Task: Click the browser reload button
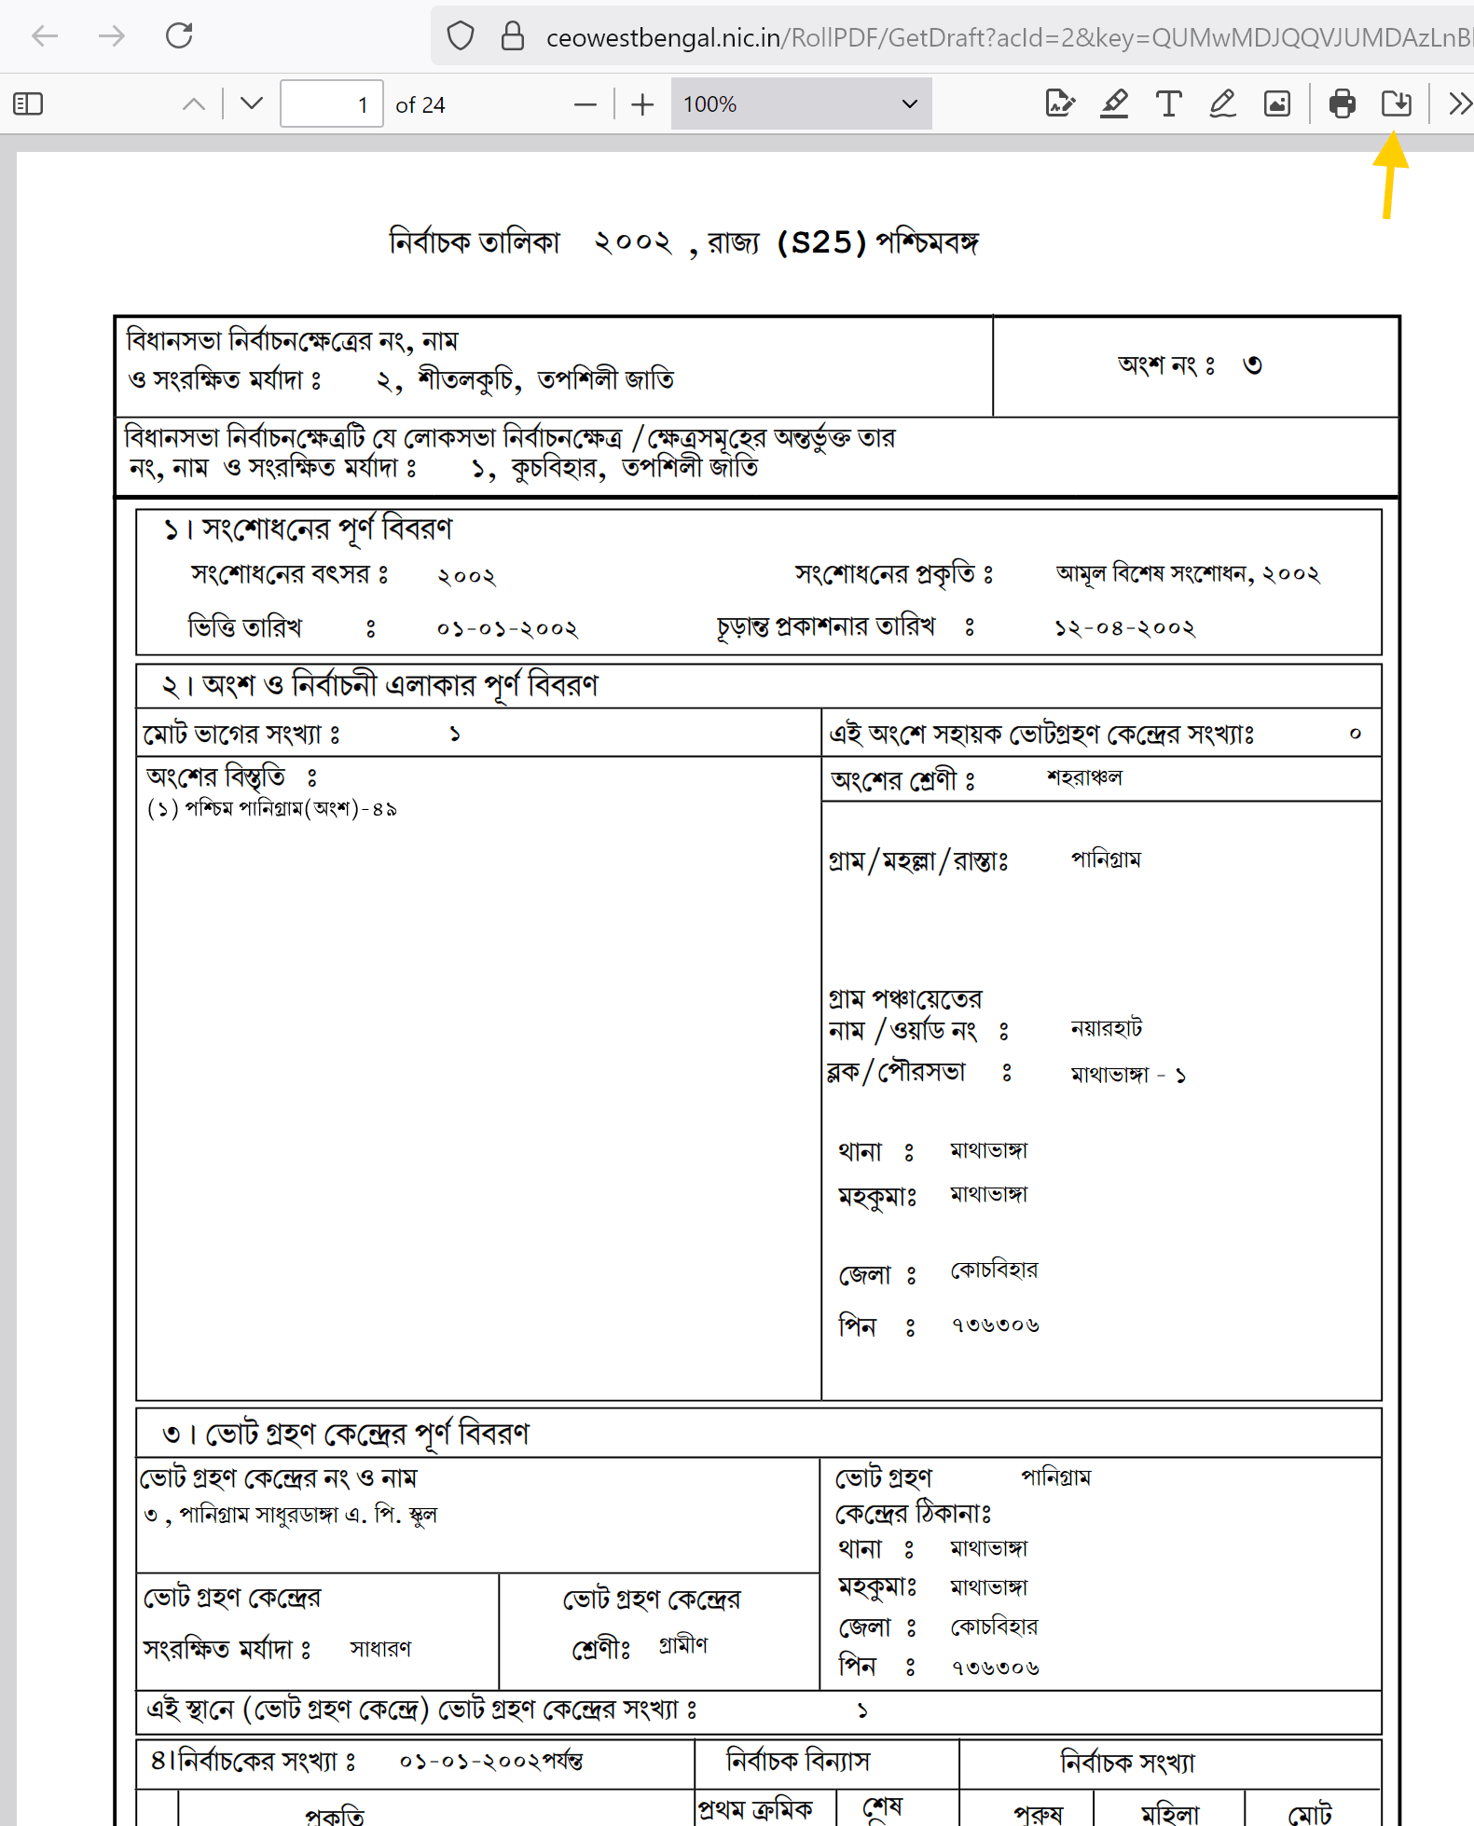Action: [x=179, y=36]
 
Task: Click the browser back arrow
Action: [x=45, y=36]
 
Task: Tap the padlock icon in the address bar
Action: [x=512, y=36]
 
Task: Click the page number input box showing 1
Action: [x=331, y=103]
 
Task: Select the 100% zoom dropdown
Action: [x=800, y=103]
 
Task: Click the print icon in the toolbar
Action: [x=1342, y=103]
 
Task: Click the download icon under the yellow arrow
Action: [x=1396, y=103]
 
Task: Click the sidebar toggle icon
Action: [x=28, y=103]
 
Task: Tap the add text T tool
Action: [x=1168, y=103]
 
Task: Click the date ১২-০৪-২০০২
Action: [x=1124, y=628]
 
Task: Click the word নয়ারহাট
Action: [x=1106, y=1028]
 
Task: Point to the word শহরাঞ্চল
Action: [x=1084, y=777]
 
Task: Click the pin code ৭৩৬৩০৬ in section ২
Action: [x=995, y=1325]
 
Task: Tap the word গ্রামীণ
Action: [x=683, y=1645]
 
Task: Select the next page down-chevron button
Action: [x=251, y=103]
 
